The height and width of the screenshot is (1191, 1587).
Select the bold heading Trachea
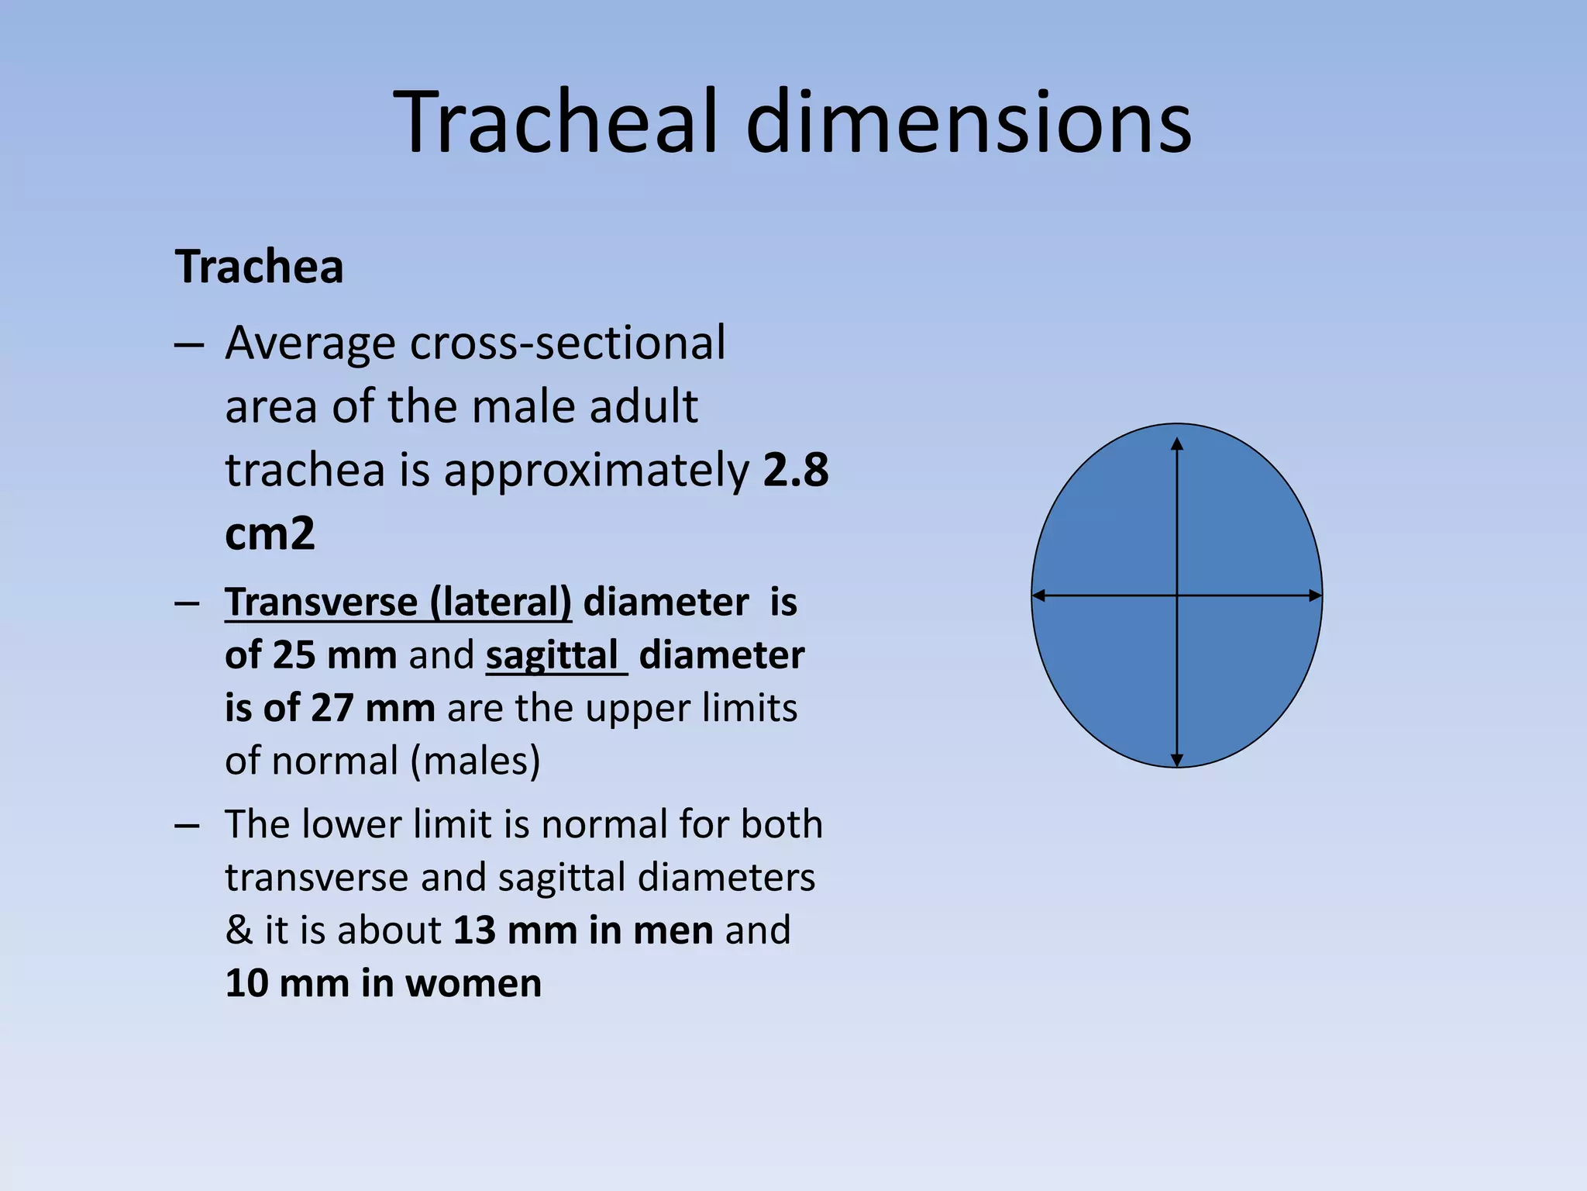tap(259, 268)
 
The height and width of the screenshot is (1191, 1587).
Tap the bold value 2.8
tap(796, 470)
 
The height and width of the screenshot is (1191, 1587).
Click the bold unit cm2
tap(270, 533)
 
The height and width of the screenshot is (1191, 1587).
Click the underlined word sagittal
tap(552, 655)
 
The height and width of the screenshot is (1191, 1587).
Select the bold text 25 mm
tap(335, 655)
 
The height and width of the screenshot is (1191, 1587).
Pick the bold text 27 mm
tap(373, 708)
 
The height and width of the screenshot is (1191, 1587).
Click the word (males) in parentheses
tap(475, 761)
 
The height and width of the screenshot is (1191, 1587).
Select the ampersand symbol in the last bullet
tap(239, 930)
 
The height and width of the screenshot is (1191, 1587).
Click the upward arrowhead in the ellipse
tap(1177, 444)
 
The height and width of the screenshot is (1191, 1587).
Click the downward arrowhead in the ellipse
tap(1177, 761)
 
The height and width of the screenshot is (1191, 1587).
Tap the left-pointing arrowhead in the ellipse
tap(1039, 595)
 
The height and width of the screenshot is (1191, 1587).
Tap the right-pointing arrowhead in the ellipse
tap(1315, 595)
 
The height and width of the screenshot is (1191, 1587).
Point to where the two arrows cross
tap(1177, 595)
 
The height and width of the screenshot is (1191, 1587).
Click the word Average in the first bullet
tap(309, 343)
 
